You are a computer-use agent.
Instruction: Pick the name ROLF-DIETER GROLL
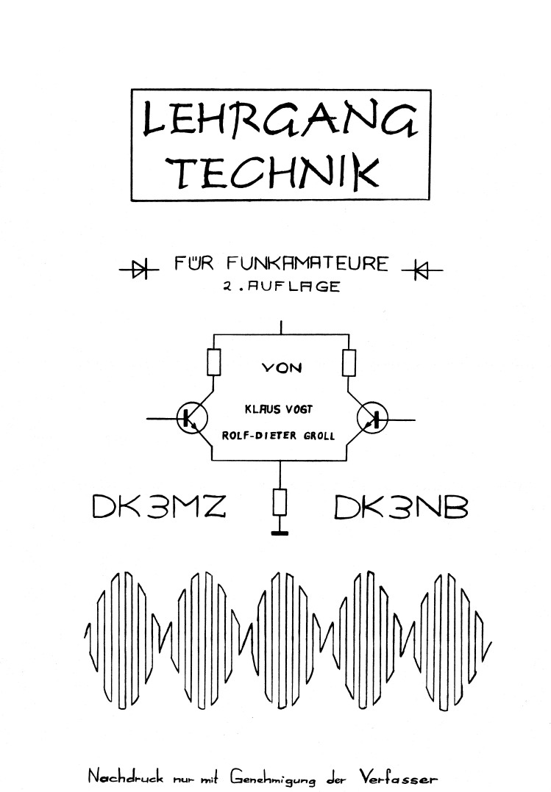(278, 435)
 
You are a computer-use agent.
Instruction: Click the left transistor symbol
(190, 419)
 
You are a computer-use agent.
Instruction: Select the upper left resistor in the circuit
(213, 362)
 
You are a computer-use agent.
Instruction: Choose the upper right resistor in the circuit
(349, 362)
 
